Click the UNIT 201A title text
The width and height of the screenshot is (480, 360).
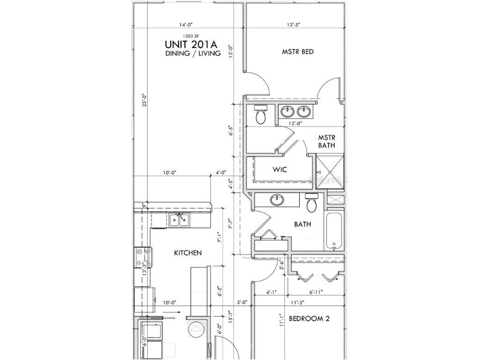(192, 44)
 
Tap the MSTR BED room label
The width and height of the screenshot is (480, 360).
(297, 52)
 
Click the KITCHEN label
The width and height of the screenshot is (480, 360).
(188, 253)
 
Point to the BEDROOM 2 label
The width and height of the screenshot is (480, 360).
(309, 319)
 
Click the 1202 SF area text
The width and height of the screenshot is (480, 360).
(192, 35)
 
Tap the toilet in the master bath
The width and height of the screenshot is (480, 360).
(261, 114)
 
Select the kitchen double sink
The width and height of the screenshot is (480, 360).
(179, 219)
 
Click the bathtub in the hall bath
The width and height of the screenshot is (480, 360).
(334, 232)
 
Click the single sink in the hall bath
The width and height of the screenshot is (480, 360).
(277, 200)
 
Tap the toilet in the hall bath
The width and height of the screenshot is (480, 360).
(312, 202)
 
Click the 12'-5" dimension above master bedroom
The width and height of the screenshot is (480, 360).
(293, 24)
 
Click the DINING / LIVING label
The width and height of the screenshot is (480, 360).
(192, 53)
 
